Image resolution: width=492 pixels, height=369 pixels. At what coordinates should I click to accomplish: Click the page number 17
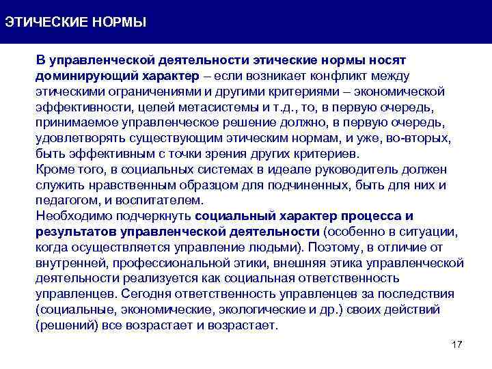pos(457,344)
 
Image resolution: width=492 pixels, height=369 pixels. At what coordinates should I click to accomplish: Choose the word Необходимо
pos(71,217)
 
